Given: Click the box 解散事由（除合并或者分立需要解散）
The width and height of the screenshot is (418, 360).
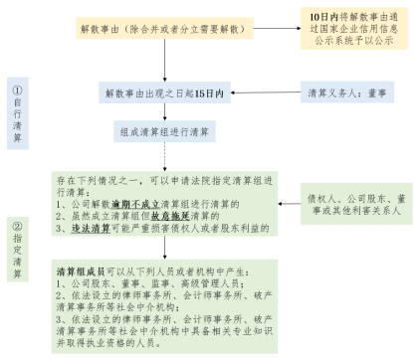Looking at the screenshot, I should (x=162, y=30).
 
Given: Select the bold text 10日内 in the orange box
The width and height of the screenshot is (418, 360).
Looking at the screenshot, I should (x=318, y=18).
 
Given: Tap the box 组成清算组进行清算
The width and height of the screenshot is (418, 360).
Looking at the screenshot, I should (x=164, y=131).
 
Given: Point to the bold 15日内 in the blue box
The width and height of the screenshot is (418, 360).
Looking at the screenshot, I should (x=205, y=92).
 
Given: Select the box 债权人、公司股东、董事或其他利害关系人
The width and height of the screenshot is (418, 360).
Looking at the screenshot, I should (x=355, y=205).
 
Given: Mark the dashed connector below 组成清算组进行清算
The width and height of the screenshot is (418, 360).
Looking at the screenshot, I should (x=164, y=156).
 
